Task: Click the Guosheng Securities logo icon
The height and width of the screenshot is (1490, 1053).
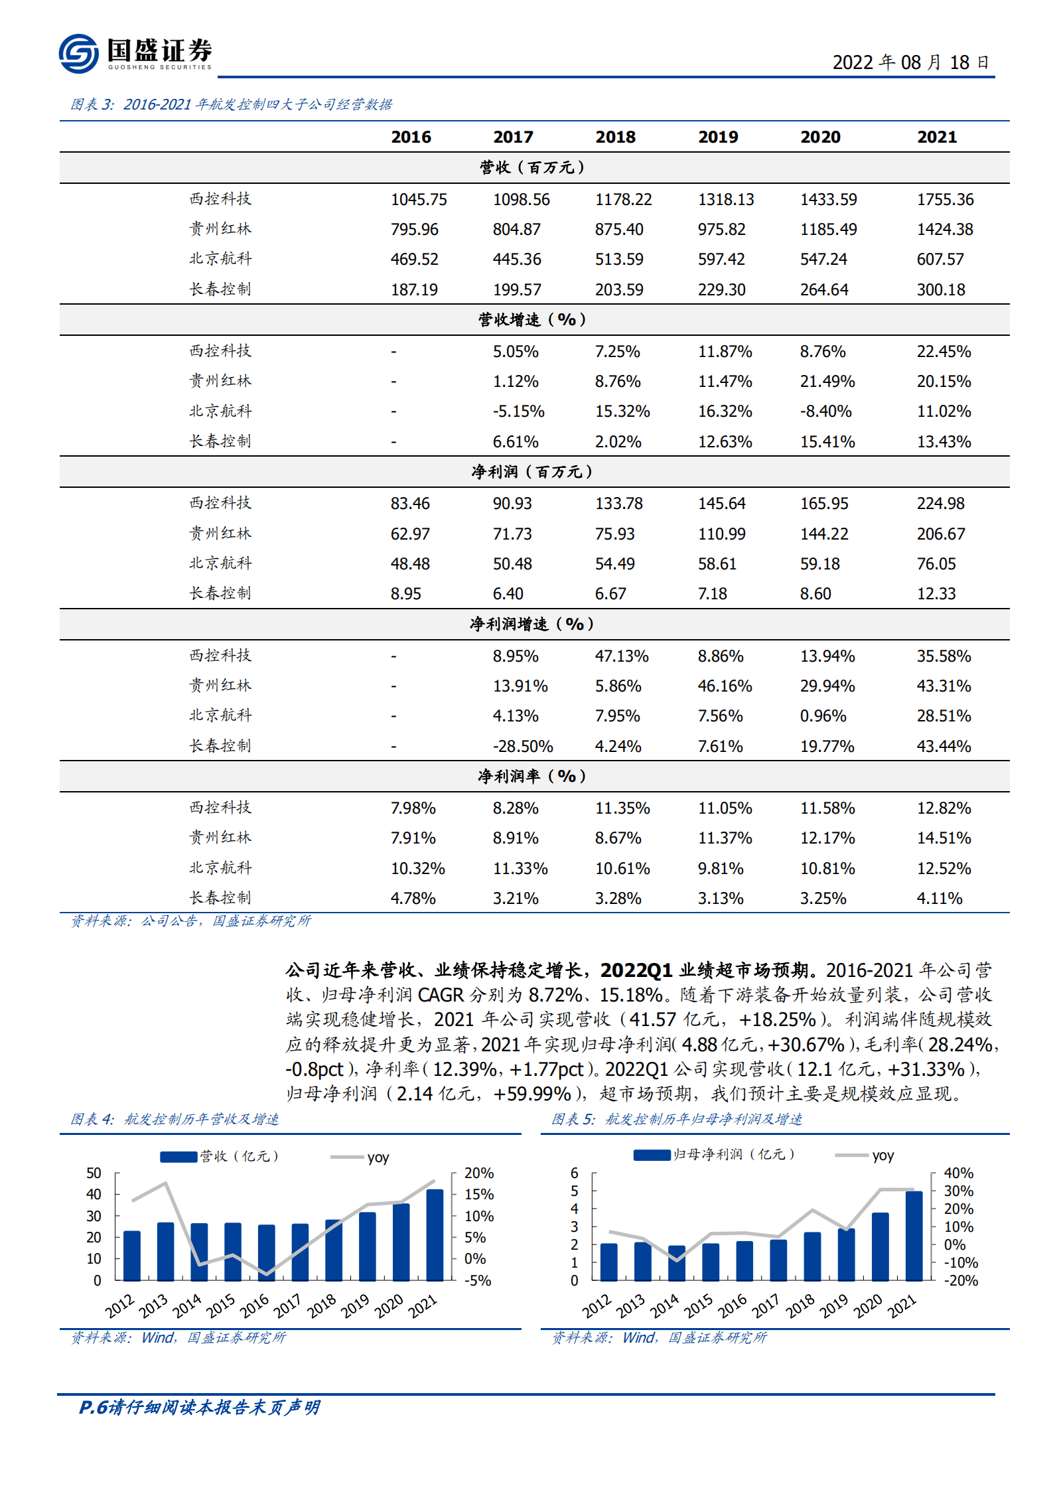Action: pos(78,53)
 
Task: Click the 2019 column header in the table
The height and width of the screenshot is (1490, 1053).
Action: pos(718,137)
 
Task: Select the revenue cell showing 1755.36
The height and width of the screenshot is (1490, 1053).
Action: pos(945,200)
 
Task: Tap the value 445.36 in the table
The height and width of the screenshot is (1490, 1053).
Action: pos(517,260)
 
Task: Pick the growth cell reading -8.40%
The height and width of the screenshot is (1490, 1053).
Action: pos(825,411)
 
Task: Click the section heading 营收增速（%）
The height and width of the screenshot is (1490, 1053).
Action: pos(533,320)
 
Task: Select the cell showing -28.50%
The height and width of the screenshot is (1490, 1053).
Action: pos(522,747)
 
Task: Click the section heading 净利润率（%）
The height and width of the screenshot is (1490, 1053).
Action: pos(533,777)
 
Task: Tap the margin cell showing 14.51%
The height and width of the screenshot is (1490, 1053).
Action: pos(944,838)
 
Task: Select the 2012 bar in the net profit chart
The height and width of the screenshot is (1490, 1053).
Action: pos(608,1262)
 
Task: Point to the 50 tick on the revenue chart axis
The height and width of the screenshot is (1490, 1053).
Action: pos(94,1173)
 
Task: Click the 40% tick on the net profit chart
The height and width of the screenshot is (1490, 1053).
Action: pos(958,1173)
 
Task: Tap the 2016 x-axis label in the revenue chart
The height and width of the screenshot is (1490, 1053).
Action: pos(254,1305)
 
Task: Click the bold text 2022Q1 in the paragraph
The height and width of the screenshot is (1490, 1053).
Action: pos(636,971)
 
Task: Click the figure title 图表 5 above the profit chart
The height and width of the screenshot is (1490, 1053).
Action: pos(677,1120)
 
